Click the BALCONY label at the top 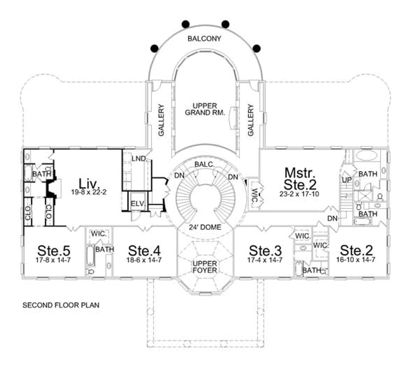(x=204, y=39)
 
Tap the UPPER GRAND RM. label (x=205, y=109)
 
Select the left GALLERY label (x=161, y=120)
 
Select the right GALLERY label (x=251, y=120)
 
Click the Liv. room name (x=89, y=183)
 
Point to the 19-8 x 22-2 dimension (x=89, y=192)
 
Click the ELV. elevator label (x=138, y=204)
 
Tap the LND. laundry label (x=139, y=159)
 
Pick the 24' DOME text (x=205, y=227)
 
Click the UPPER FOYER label (x=205, y=267)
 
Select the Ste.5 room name (x=54, y=251)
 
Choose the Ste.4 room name (x=144, y=251)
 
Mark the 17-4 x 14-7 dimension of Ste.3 (x=265, y=260)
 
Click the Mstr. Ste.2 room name (x=300, y=178)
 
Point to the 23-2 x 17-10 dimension (x=299, y=194)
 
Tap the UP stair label (x=347, y=180)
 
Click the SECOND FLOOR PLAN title (x=61, y=305)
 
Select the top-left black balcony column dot (x=185, y=24)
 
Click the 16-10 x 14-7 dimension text (x=356, y=260)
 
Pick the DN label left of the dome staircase (x=179, y=176)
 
